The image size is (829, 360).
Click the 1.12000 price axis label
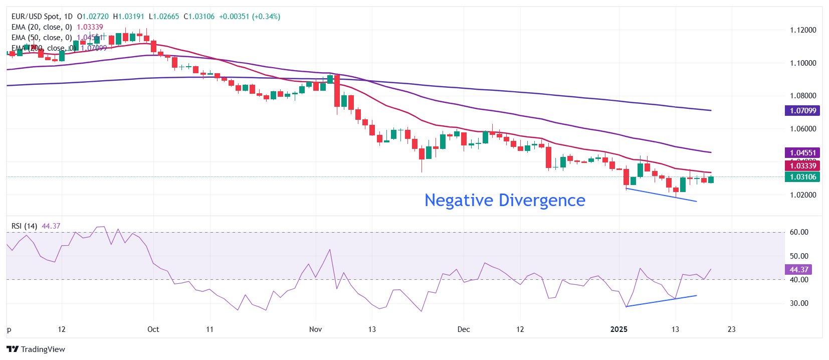[803, 30]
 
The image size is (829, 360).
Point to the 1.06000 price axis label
[803, 129]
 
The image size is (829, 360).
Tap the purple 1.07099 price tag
[802, 111]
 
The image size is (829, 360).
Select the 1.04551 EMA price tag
[802, 153]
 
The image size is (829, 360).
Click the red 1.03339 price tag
[802, 166]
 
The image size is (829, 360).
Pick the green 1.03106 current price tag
[802, 177]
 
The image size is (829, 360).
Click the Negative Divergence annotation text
[505, 200]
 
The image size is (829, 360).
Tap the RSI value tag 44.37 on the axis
[798, 270]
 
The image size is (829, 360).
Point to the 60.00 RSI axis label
[799, 232]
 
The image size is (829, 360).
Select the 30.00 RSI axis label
[799, 303]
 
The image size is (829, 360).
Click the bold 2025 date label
[619, 329]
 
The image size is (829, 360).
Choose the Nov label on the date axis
[315, 329]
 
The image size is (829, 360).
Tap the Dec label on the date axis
[464, 329]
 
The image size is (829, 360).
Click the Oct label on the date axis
[153, 329]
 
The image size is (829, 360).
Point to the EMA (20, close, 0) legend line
[42, 27]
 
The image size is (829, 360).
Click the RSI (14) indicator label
[24, 226]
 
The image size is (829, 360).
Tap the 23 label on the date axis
[732, 329]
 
